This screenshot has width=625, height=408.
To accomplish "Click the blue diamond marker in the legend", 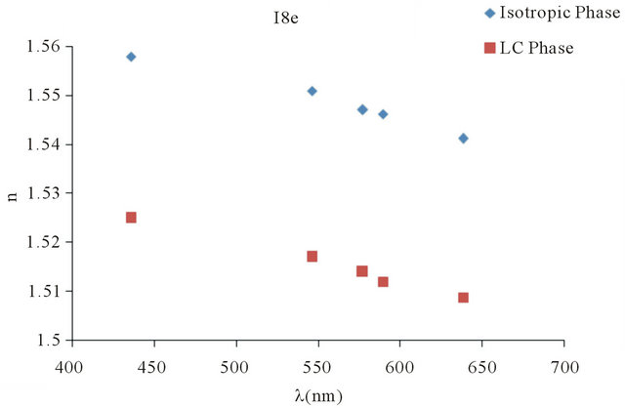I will [x=488, y=13].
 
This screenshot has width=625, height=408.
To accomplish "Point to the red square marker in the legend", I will [x=488, y=48].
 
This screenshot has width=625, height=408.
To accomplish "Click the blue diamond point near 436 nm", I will [x=131, y=57].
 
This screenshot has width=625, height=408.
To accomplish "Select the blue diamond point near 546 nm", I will [x=312, y=91].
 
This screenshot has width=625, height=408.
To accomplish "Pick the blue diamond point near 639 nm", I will [x=463, y=138].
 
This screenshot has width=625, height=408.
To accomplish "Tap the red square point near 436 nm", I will [x=131, y=218].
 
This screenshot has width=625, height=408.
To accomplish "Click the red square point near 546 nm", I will [x=312, y=257].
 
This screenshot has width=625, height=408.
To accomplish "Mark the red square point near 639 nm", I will [x=463, y=298].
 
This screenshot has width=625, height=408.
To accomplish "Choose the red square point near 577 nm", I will [x=362, y=271].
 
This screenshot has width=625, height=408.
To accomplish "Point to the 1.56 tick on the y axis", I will [x=46, y=47].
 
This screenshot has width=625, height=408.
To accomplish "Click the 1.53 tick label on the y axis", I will [x=46, y=193].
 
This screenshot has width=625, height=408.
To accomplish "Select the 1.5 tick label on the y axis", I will [x=52, y=340].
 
